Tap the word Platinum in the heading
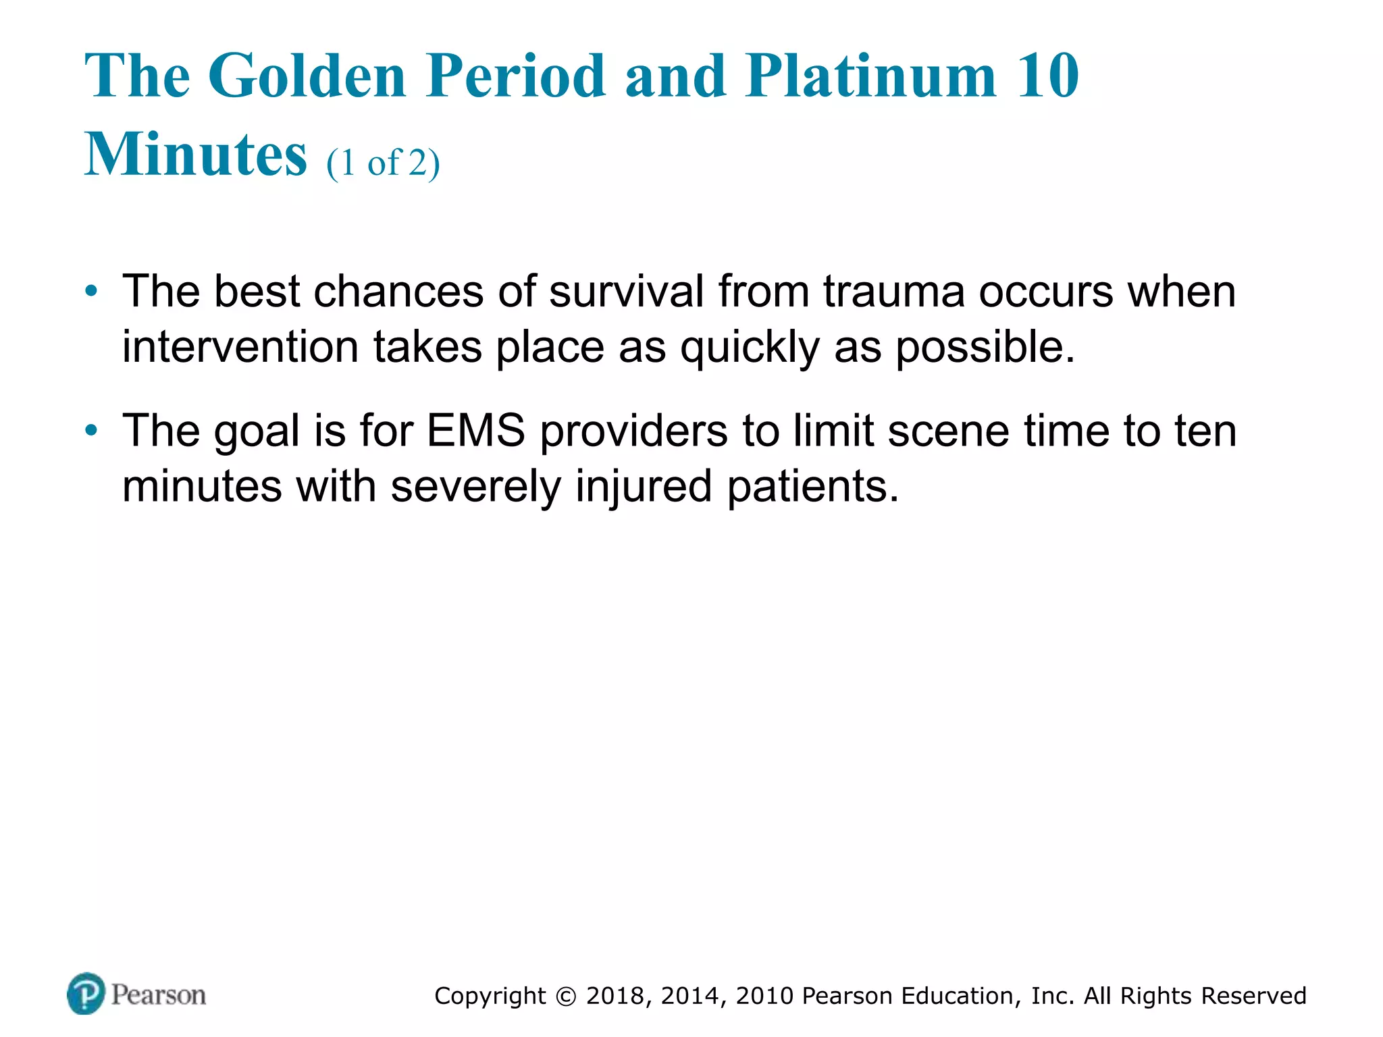[x=871, y=76]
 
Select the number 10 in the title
[x=1047, y=76]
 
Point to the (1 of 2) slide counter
[x=383, y=163]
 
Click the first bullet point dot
[x=91, y=292]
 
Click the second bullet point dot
[x=91, y=431]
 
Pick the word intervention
[x=240, y=347]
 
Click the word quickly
[x=749, y=347]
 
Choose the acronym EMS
[x=476, y=431]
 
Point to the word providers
[x=633, y=431]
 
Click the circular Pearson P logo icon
[x=86, y=994]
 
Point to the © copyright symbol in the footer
[x=566, y=996]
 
